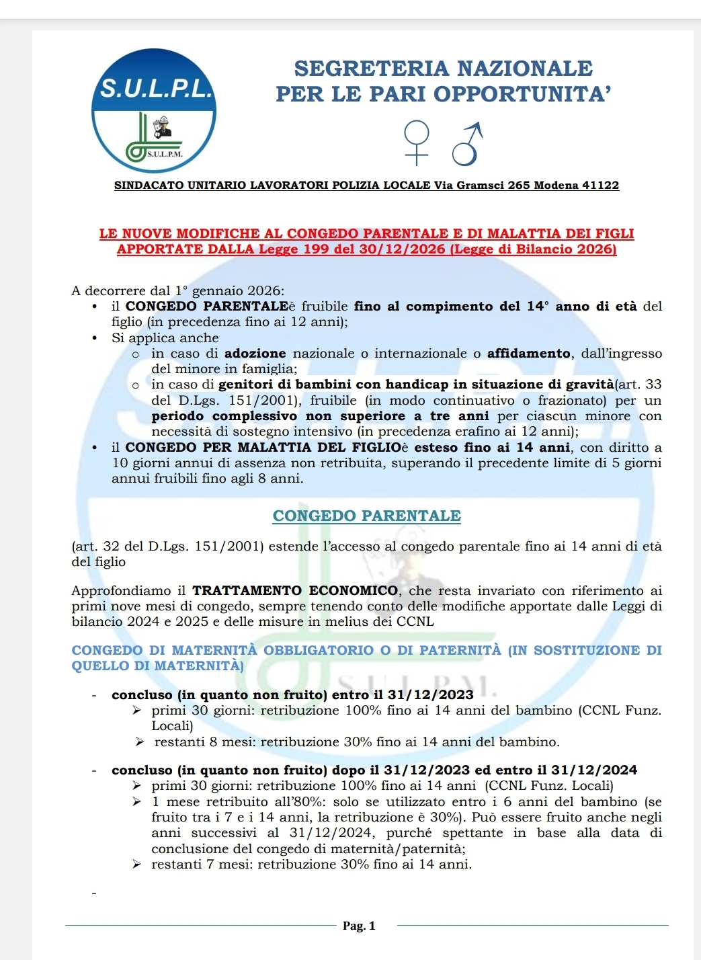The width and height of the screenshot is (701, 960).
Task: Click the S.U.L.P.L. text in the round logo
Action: point(155,87)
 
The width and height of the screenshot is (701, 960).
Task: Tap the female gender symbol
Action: point(417,142)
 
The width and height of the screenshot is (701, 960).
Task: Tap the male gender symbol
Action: point(467,143)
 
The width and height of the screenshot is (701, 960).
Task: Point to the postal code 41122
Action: point(600,186)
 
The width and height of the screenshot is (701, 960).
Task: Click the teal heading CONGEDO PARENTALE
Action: point(366,516)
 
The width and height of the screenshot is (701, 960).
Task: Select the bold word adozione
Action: point(255,354)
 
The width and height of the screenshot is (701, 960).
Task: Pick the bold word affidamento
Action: point(529,354)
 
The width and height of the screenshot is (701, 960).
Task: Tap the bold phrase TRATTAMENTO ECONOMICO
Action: point(296,591)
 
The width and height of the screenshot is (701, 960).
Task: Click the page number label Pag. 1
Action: point(359,926)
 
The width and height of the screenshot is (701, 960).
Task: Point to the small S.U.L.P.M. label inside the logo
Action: point(165,154)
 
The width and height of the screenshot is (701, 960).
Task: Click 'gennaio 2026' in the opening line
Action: point(238,291)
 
